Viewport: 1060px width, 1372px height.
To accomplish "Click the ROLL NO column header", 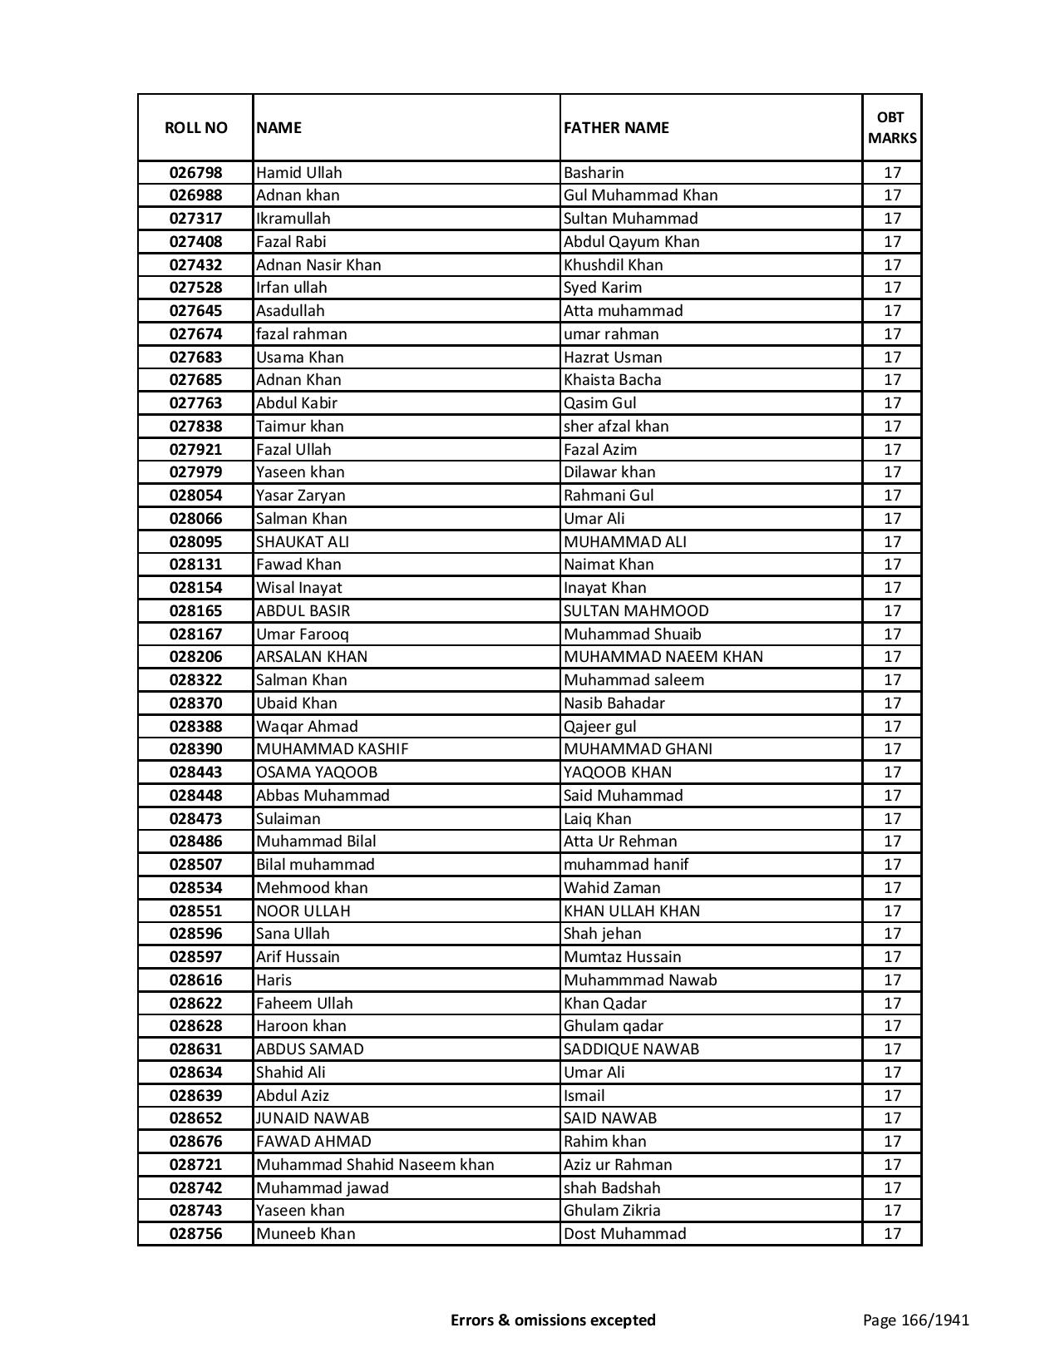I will (x=195, y=127).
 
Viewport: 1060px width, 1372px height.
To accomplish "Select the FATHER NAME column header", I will (x=616, y=127).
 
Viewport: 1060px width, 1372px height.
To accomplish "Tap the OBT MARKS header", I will (x=892, y=127).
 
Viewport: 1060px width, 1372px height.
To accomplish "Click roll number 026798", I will (x=195, y=173).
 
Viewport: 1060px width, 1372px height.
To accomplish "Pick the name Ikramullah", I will (x=293, y=219).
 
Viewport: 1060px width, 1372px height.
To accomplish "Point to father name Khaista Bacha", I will (x=612, y=380).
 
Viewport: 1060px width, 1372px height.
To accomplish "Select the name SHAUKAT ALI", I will (x=303, y=542).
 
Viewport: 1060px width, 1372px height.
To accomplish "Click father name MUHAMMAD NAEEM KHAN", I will (x=663, y=657).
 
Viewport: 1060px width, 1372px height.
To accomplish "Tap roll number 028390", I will (x=195, y=749).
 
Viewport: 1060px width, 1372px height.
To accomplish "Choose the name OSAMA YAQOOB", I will (x=316, y=772).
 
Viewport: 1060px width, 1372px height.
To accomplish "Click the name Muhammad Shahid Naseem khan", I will (x=375, y=1165).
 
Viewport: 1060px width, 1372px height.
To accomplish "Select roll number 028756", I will (x=195, y=1234).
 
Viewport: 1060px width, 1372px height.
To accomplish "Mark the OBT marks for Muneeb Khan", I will (x=892, y=1234).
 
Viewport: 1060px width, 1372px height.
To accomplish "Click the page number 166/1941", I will (x=915, y=1320).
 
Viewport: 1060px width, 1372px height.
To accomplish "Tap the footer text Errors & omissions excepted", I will (x=553, y=1320).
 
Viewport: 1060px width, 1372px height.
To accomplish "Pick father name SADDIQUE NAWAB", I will (x=631, y=1049).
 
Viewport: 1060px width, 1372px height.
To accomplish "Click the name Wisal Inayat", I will (x=298, y=588).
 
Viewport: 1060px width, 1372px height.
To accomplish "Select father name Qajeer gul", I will (x=599, y=727).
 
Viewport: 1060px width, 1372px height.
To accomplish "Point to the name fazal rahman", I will (x=301, y=334).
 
